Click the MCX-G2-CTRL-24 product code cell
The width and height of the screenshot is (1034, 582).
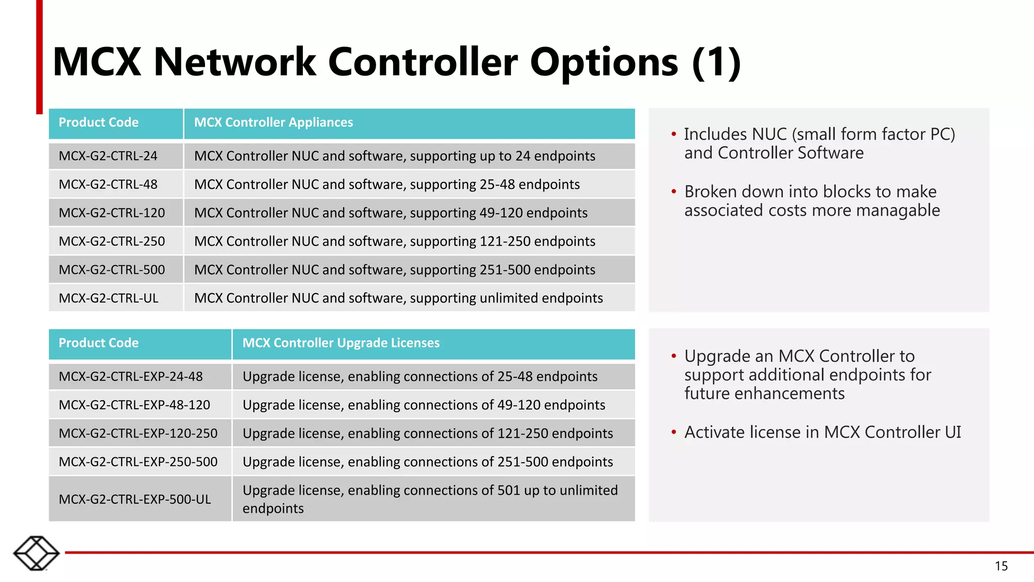[x=108, y=156]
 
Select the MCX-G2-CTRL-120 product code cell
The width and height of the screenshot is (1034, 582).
[x=112, y=213]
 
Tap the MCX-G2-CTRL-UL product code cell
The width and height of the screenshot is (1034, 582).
[x=109, y=298]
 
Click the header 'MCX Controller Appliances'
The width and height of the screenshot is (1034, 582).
[x=274, y=123]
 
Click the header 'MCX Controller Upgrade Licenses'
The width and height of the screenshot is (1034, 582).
[x=341, y=343]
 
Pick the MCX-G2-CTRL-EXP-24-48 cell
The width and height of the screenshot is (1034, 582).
[x=131, y=376]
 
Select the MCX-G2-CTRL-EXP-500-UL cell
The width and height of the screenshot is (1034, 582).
[x=135, y=499]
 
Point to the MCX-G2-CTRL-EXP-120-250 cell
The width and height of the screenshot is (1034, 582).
[x=138, y=433]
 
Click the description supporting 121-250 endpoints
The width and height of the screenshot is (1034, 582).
[x=395, y=241]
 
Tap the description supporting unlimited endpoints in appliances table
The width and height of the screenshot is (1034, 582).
[x=398, y=298]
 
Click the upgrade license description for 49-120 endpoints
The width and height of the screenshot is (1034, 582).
[x=424, y=405]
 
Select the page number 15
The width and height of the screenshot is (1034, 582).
[x=1001, y=566]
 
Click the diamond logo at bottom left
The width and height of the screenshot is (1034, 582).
[x=36, y=553]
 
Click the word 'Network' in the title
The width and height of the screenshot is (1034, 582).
[x=235, y=62]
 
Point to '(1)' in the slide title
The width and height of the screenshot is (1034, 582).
[x=716, y=62]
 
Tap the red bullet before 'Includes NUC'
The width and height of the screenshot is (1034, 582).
[x=674, y=134]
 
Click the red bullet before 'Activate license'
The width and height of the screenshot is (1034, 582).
[x=674, y=432]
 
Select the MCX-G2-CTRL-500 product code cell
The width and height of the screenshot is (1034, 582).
[x=112, y=270]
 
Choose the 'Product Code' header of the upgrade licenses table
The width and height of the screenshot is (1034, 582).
[x=98, y=343]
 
